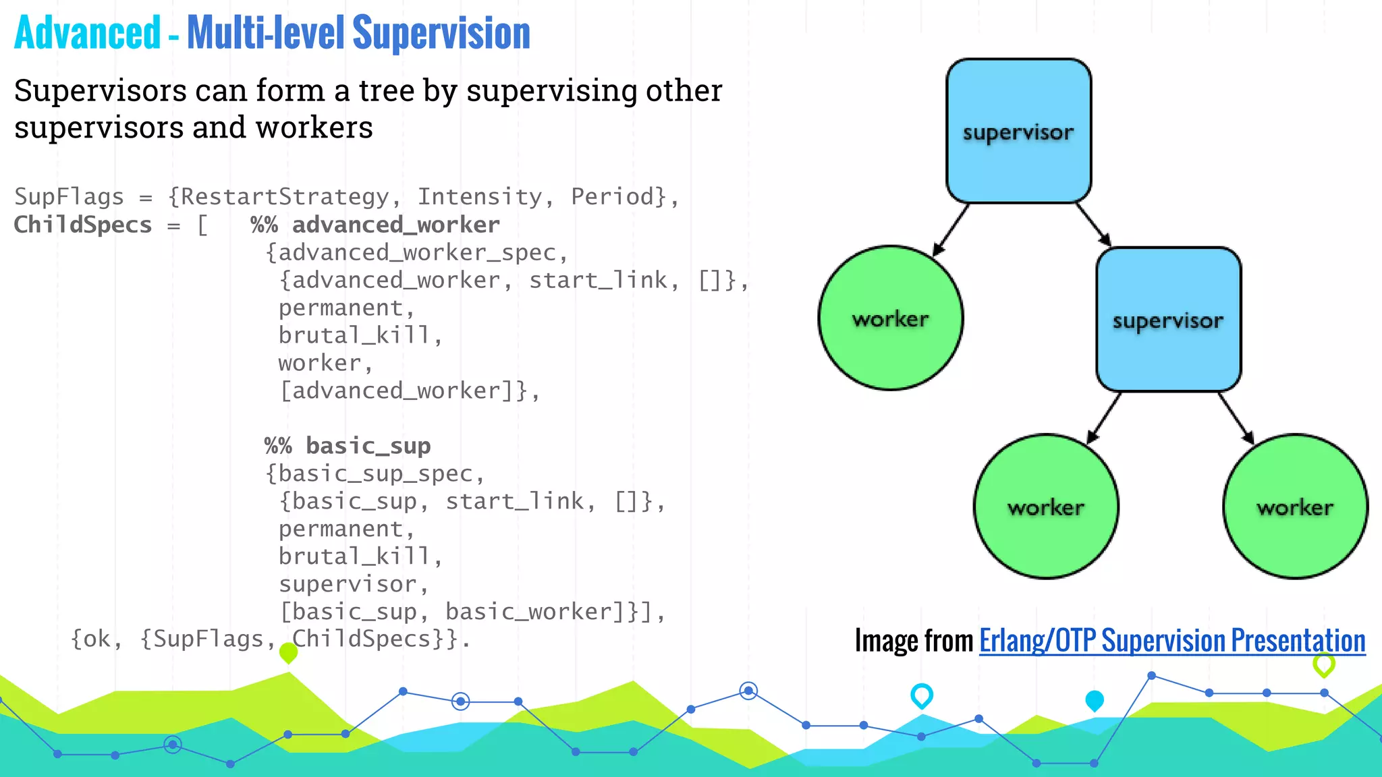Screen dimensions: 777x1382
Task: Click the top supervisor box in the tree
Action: click(x=1018, y=131)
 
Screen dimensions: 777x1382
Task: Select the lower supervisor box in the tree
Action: click(x=1168, y=320)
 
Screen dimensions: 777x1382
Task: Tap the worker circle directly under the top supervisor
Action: click(x=891, y=318)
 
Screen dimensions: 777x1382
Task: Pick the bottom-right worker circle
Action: click(x=1295, y=507)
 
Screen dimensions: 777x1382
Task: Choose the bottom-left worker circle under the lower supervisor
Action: click(x=1046, y=507)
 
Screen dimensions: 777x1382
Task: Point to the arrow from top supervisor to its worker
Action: click(x=951, y=230)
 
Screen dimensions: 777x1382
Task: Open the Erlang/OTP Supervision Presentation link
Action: click(x=1172, y=641)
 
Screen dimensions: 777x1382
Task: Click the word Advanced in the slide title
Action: click(x=88, y=33)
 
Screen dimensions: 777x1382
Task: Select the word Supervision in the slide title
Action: click(x=441, y=33)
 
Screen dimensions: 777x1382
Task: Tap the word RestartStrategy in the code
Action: click(x=285, y=197)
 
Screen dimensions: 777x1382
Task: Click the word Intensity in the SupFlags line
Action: click(x=479, y=197)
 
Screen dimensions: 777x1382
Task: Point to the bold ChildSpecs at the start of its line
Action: click(x=83, y=225)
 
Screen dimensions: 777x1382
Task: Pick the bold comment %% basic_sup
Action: click(x=348, y=446)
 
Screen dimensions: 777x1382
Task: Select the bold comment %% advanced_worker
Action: click(x=375, y=225)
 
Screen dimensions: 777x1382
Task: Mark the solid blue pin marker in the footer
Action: click(x=1095, y=700)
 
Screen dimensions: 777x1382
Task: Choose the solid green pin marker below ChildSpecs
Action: click(x=288, y=652)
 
